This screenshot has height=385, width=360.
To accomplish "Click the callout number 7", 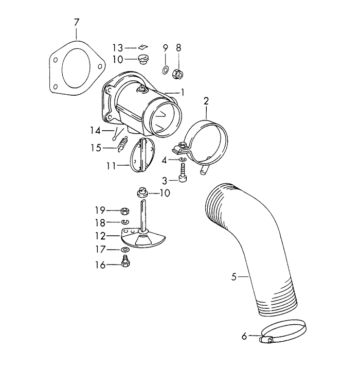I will (x=77, y=22).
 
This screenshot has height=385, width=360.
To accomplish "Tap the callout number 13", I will (x=118, y=47).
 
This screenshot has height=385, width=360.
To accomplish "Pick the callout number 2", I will (x=206, y=100).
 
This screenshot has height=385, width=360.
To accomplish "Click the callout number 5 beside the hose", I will (x=234, y=277).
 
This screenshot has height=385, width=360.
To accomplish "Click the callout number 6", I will (x=244, y=337).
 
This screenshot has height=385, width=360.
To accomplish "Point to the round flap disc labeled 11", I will (x=141, y=154).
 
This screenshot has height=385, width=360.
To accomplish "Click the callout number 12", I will (x=100, y=236).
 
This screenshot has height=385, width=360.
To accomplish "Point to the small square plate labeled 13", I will (x=143, y=47).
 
